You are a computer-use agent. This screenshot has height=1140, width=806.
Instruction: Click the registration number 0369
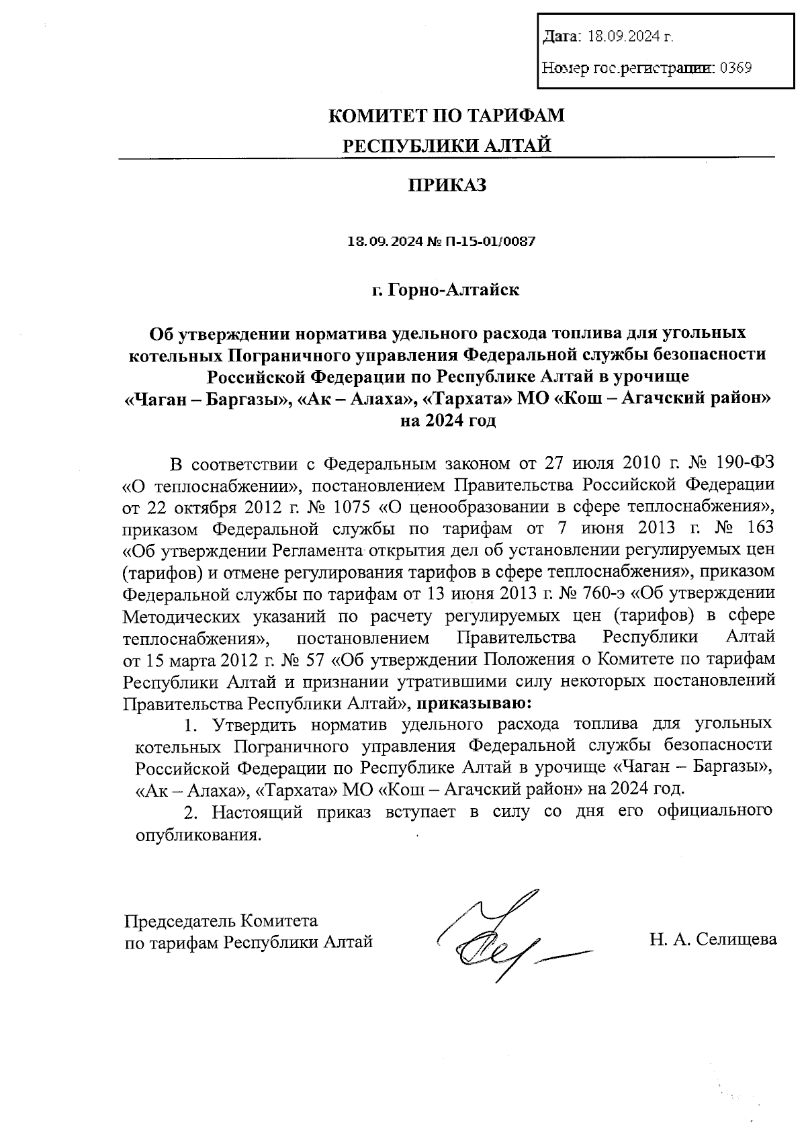pos(735,67)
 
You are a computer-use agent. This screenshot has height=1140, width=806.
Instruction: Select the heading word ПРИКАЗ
pos(447,185)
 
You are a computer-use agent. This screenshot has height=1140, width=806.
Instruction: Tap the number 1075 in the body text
pos(354,507)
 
